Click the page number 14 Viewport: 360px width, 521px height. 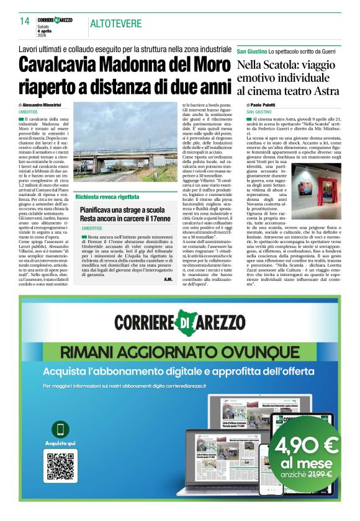coord(25,22)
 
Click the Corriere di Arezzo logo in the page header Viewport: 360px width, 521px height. coord(55,21)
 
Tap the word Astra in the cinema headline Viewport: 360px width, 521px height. coord(322,91)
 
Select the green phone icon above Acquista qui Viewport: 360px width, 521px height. coord(61,429)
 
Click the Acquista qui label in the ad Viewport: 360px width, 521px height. coord(61,443)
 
